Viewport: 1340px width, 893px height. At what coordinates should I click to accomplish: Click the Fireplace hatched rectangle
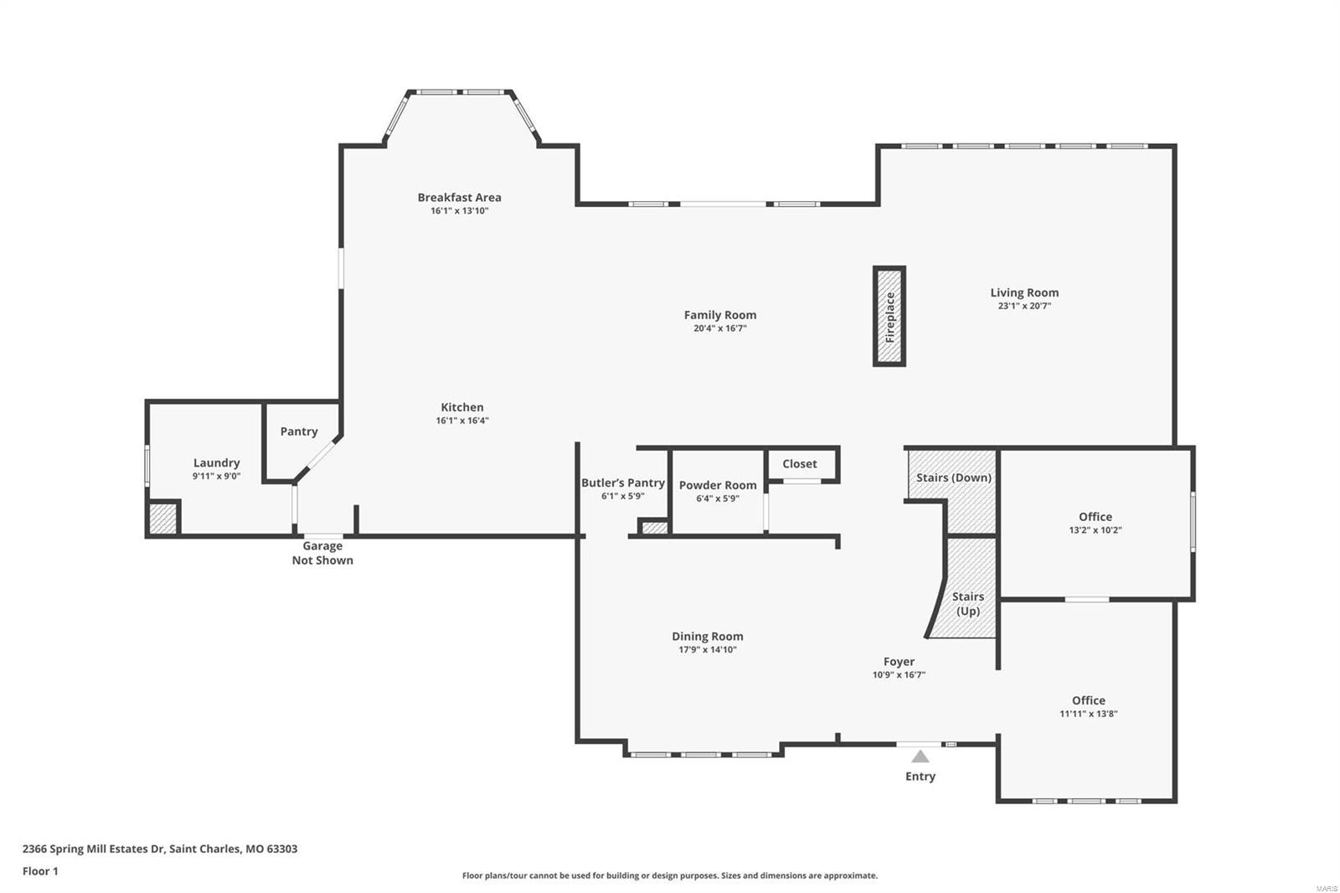(x=889, y=317)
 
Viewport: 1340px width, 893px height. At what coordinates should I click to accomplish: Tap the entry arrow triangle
(x=920, y=756)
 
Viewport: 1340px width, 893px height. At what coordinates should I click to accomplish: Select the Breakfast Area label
(x=459, y=198)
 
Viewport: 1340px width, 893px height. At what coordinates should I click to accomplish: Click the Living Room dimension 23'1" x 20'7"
(x=1024, y=307)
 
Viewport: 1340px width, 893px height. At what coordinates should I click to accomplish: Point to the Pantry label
(x=299, y=431)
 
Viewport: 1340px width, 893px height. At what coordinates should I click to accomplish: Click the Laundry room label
(x=216, y=462)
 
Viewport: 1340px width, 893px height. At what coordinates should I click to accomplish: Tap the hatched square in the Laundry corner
(x=162, y=519)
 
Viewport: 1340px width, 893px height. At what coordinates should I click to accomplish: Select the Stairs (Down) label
(x=953, y=477)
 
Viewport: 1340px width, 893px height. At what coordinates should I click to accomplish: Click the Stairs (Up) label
(x=967, y=603)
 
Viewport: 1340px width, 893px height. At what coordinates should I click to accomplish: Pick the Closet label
(x=799, y=464)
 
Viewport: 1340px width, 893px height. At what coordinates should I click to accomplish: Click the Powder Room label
(x=717, y=485)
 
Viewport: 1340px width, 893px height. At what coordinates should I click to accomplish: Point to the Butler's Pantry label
(x=622, y=483)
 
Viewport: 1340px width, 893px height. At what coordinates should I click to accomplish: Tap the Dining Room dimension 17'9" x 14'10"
(x=707, y=650)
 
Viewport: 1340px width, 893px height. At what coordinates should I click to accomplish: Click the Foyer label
(x=899, y=661)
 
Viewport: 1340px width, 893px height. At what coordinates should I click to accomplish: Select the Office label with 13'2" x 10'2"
(x=1095, y=517)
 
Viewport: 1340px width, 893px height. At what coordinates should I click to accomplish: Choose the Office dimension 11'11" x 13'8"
(x=1088, y=715)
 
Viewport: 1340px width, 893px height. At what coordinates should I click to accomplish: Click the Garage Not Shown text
(x=322, y=553)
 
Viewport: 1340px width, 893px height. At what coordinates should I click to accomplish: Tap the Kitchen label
(x=462, y=407)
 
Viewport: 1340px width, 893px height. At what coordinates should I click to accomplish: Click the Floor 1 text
(x=40, y=871)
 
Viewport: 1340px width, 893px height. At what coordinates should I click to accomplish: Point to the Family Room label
(x=719, y=315)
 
